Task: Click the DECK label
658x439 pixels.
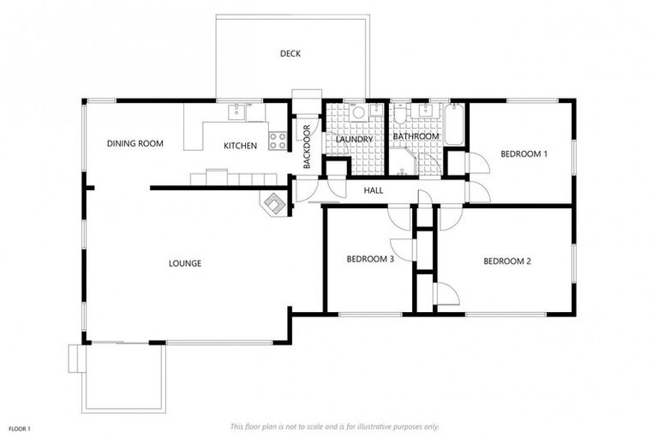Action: (290, 54)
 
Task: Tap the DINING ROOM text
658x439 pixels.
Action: (135, 143)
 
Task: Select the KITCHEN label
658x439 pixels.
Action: (240, 146)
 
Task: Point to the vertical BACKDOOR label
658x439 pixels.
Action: (306, 146)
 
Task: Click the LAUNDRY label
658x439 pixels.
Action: (354, 140)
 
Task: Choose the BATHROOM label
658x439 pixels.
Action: (416, 136)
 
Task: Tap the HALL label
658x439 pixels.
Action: (373, 190)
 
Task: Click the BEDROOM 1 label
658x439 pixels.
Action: (523, 153)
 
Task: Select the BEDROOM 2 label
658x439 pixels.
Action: (507, 262)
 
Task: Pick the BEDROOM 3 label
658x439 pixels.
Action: (369, 258)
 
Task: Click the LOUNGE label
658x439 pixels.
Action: (185, 263)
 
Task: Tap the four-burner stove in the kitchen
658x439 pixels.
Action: (278, 140)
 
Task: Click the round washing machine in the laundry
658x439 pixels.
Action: (358, 111)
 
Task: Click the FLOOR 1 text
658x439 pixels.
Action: (19, 428)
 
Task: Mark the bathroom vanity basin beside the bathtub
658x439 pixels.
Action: (425, 111)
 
